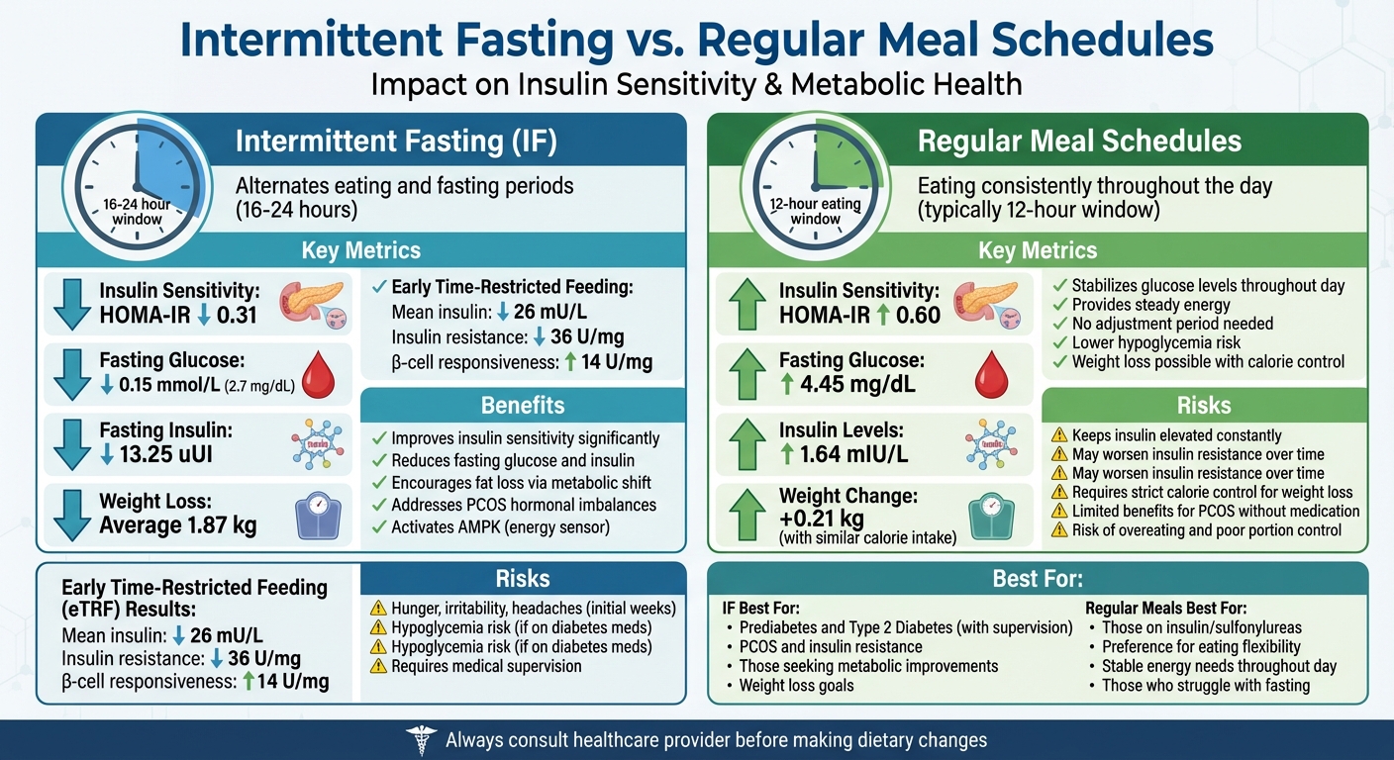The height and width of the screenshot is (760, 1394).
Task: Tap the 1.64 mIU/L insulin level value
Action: click(x=857, y=456)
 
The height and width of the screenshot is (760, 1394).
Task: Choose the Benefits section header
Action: click(x=523, y=405)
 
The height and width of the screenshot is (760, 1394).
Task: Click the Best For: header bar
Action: click(x=1038, y=579)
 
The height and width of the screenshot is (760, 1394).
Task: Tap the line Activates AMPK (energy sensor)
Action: click(x=501, y=526)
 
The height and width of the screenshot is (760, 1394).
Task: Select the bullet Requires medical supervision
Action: click(x=486, y=666)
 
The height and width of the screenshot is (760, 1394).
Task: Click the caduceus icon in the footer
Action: click(x=420, y=739)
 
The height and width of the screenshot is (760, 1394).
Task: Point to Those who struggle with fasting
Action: click(x=1206, y=685)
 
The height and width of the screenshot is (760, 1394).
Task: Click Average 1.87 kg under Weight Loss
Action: click(x=178, y=525)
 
